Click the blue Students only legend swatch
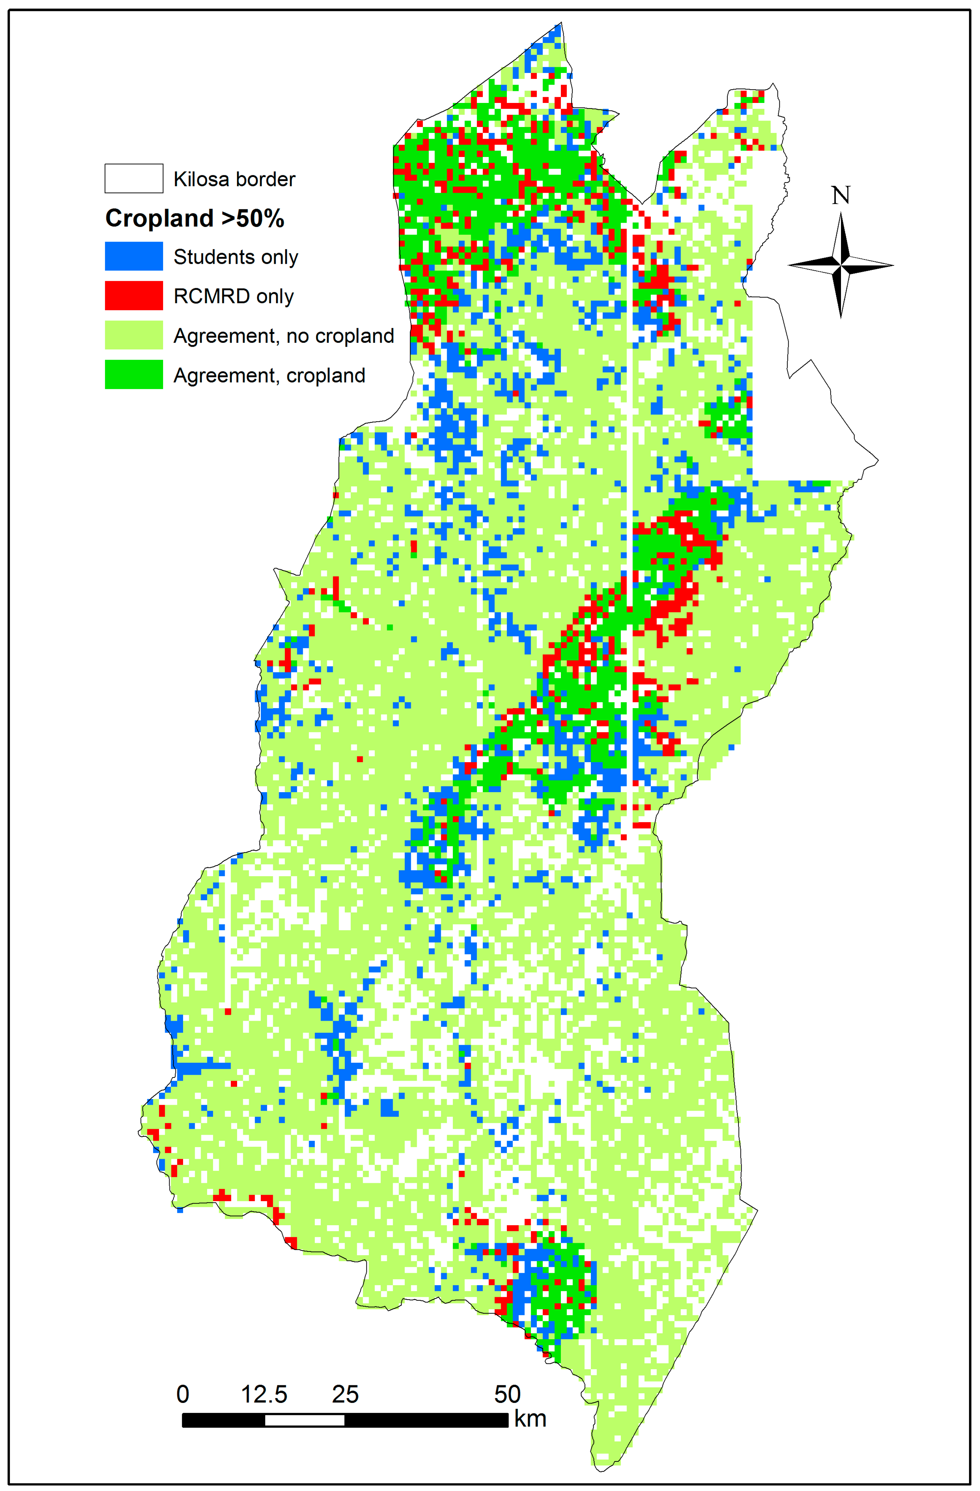[x=134, y=256]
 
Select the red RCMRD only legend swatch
[x=134, y=296]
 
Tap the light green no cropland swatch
[x=134, y=335]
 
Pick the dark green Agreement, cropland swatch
[x=134, y=375]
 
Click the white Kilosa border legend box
[x=134, y=179]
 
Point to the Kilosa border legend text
[x=234, y=179]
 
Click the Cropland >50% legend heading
[x=195, y=218]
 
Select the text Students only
[x=235, y=257]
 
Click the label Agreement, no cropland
[x=284, y=336]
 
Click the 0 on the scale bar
[x=182, y=1394]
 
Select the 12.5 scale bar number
[x=264, y=1394]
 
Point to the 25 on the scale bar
[x=345, y=1394]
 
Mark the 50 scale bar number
[x=507, y=1394]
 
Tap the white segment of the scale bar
[x=304, y=1420]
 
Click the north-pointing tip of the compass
[x=840, y=214]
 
